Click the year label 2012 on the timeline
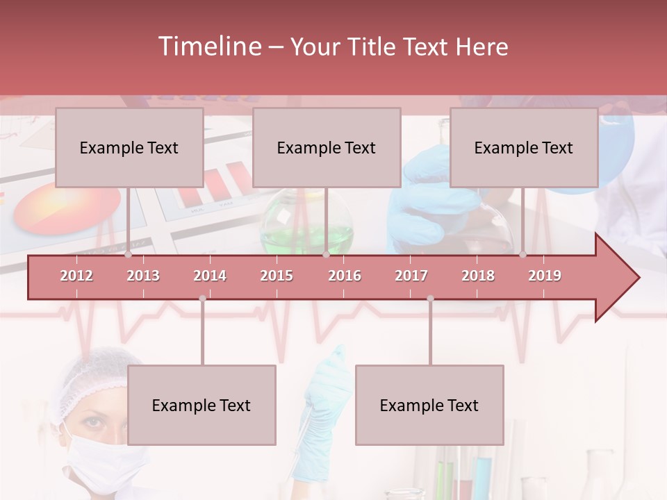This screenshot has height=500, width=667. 76,276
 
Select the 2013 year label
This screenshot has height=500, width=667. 143,276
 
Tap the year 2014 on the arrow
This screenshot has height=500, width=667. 210,276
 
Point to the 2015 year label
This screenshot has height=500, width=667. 277,276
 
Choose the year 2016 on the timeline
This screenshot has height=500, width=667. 345,276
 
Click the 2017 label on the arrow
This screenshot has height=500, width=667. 411,276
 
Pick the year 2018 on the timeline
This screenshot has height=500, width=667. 478,276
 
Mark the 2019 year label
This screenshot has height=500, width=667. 545,276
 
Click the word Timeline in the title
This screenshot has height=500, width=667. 208,47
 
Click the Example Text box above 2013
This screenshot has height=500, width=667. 129,147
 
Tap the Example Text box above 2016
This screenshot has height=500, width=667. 327,147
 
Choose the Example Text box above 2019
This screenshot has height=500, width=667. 524,147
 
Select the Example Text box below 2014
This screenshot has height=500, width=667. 201,405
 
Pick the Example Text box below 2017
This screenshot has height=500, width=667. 429,405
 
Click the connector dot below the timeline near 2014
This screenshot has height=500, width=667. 202,298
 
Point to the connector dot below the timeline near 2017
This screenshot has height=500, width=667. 430,298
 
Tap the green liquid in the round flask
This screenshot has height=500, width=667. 306,240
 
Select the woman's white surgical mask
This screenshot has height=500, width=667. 104,458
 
